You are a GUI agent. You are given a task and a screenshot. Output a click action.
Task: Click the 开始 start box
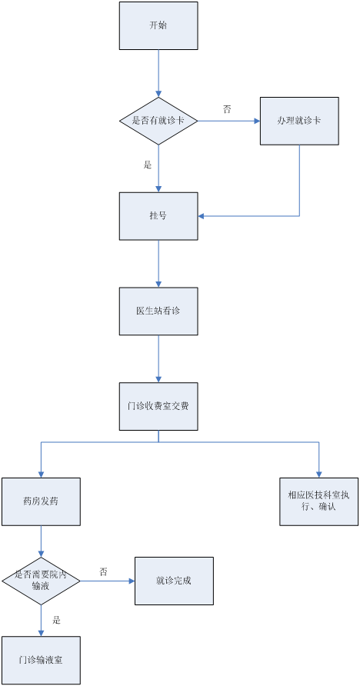[158, 25]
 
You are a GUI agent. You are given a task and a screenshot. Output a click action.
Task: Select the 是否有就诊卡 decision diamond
[158, 121]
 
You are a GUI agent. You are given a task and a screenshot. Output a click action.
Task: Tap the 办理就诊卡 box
[299, 121]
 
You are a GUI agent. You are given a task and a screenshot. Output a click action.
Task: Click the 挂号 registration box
[158, 216]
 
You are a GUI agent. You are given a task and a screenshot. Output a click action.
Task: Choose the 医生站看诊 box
[158, 311]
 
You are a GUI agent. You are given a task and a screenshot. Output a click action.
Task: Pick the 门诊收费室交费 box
[158, 406]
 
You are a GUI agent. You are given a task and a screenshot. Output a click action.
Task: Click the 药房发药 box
[41, 501]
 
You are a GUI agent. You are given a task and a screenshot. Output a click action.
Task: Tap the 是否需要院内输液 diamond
[41, 581]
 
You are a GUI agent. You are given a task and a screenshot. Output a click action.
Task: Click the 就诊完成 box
[174, 581]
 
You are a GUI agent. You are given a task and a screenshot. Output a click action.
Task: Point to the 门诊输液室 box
[41, 660]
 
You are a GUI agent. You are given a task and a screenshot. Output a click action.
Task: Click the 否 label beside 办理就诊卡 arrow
[227, 109]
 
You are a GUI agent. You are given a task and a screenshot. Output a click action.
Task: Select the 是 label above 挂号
[148, 165]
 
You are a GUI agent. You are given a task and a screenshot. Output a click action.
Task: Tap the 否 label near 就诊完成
[103, 571]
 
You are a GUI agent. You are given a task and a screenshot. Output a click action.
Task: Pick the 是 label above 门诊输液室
[56, 620]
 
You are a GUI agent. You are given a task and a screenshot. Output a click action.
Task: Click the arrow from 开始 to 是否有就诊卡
[158, 73]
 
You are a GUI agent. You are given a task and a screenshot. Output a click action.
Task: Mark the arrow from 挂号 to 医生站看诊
[158, 264]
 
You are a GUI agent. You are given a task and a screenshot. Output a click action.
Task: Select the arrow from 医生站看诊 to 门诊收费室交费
[158, 358]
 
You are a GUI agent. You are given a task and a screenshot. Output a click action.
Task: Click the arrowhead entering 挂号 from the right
[201, 216]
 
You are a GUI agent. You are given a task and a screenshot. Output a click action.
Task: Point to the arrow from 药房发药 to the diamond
[41, 541]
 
